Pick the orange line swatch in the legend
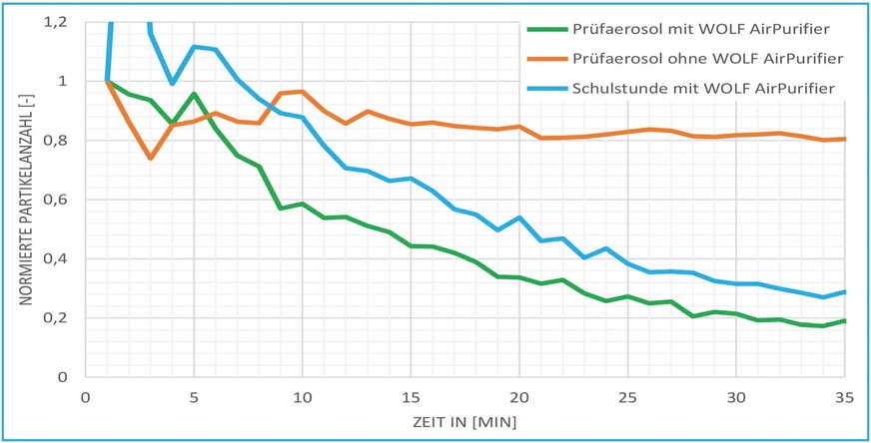click(545, 59)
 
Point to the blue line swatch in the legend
click(545, 91)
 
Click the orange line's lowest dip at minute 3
click(150, 158)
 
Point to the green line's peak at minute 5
click(194, 94)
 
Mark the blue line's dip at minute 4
click(172, 84)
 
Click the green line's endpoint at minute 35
click(845, 321)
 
